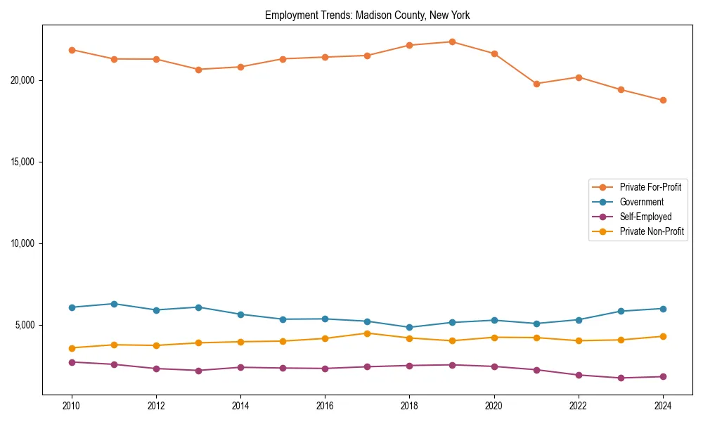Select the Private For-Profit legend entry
pyautogui.click(x=650, y=187)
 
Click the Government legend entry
pyautogui.click(x=641, y=202)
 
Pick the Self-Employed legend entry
pyautogui.click(x=645, y=217)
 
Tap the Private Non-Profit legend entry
pyautogui.click(x=652, y=231)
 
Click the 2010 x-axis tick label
pyautogui.click(x=72, y=406)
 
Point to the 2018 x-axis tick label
pyautogui.click(x=410, y=406)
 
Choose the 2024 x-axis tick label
pyautogui.click(x=663, y=406)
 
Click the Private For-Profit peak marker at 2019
pyautogui.click(x=452, y=41)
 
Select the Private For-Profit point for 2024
pyautogui.click(x=663, y=100)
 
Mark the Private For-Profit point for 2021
pyautogui.click(x=536, y=84)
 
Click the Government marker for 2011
pyautogui.click(x=114, y=304)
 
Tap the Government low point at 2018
pyautogui.click(x=410, y=327)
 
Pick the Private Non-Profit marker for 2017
pyautogui.click(x=368, y=333)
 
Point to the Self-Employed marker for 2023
pyautogui.click(x=621, y=378)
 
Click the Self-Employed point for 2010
pyautogui.click(x=72, y=362)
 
